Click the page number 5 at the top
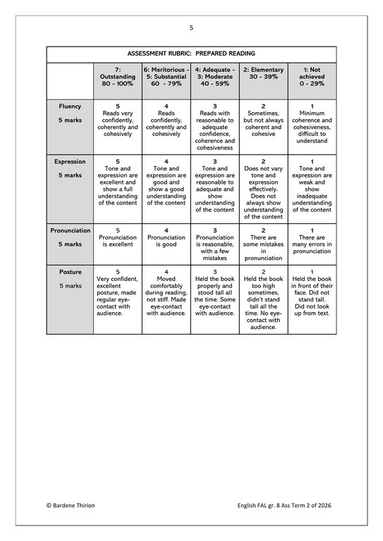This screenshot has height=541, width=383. click(x=191, y=27)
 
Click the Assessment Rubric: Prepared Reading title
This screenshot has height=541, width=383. click(x=191, y=54)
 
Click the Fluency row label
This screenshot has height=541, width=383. click(x=70, y=107)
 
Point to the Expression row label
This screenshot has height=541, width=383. click(x=70, y=162)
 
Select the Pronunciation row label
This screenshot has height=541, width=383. click(x=70, y=230)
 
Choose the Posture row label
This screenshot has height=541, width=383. click(x=70, y=272)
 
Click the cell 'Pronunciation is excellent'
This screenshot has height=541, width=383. click(x=118, y=237)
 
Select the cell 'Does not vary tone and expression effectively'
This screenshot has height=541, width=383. click(x=263, y=189)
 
